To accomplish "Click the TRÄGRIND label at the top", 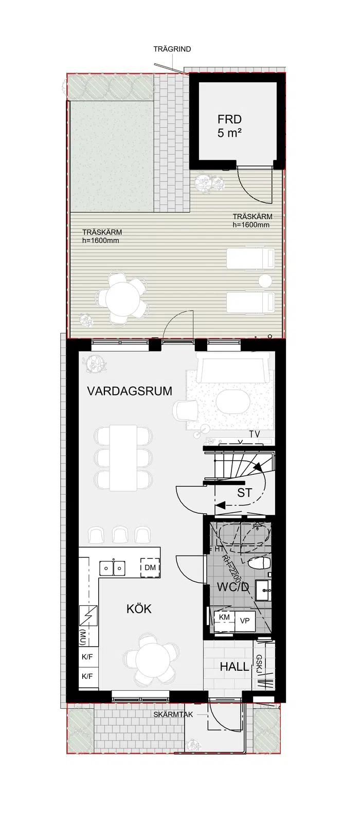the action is (172, 49).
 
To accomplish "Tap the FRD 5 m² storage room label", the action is (229, 126).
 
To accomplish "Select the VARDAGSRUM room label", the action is (130, 391).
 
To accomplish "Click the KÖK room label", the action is (139, 609).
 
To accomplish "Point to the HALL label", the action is (235, 667).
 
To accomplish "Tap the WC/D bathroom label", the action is (233, 587).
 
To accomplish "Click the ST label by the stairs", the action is (245, 493).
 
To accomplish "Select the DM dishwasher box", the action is (150, 568).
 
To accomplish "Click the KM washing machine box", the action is (224, 617).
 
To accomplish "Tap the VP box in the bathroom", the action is (245, 621).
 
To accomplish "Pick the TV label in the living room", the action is (255, 434).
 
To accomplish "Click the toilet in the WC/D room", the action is (259, 563).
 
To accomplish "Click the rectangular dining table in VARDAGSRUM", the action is (123, 458).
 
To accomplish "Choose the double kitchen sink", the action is (113, 568).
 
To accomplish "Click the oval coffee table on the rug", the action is (233, 401).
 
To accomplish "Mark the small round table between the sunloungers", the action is (265, 281).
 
